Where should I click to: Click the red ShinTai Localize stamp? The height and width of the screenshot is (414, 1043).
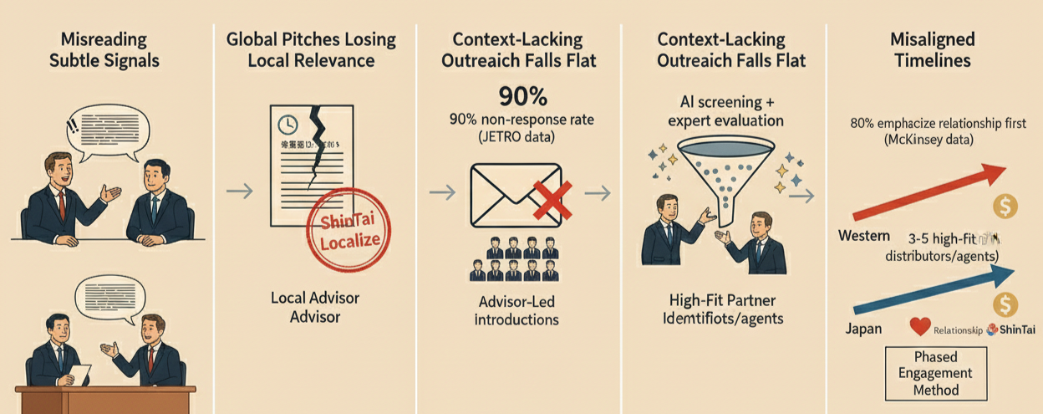(x=345, y=232)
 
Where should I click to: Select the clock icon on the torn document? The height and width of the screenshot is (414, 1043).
(x=287, y=125)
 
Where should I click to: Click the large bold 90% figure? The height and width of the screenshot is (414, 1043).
(x=524, y=95)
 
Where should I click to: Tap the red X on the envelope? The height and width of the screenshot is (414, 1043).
(x=551, y=198)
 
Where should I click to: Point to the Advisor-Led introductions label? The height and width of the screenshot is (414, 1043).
(x=516, y=309)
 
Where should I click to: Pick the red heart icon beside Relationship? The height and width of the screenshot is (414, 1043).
(x=921, y=328)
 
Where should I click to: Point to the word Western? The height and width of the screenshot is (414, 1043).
(x=862, y=236)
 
